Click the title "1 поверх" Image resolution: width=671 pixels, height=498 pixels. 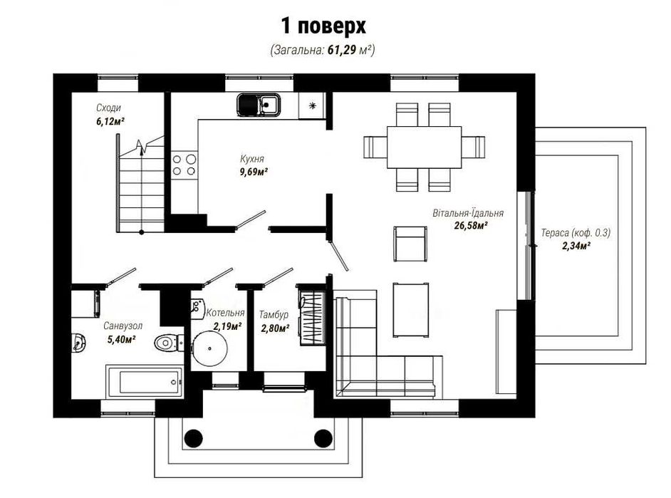[x=323, y=26]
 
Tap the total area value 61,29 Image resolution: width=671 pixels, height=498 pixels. [x=342, y=50]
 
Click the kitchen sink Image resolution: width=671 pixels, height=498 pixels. [x=259, y=105]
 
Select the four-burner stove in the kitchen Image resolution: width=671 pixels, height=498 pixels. [x=184, y=165]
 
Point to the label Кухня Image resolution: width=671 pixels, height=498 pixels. [x=252, y=159]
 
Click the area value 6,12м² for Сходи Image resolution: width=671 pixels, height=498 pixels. [x=110, y=122]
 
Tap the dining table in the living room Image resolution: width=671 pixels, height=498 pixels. [x=424, y=147]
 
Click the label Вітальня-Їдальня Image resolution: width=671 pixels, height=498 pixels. [x=468, y=212]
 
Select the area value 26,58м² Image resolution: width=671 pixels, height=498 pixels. [x=471, y=225]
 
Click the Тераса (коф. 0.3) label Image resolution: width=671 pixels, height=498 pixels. [x=576, y=233]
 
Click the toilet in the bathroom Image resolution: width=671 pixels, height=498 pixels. [x=169, y=343]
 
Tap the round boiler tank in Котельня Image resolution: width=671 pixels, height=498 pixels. [x=209, y=348]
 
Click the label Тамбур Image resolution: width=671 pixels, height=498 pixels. [x=274, y=315]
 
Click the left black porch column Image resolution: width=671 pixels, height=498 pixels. [x=193, y=438]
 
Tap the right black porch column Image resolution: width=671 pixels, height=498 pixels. [x=323, y=438]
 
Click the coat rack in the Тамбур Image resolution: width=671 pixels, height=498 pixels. [x=311, y=318]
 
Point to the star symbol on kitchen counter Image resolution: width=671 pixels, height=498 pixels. [x=313, y=105]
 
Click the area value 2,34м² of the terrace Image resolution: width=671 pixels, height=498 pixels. [x=576, y=246]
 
